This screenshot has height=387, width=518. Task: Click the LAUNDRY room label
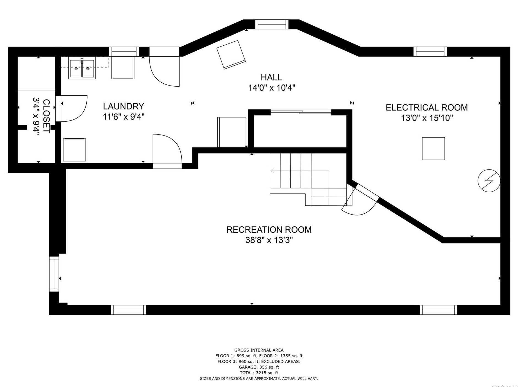coord(123,106)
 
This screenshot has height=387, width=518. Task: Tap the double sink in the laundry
coord(82,69)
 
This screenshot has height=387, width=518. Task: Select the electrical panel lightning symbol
coord(489,180)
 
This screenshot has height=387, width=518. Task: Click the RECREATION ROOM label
coord(269,229)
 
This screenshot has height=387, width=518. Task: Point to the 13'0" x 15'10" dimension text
coord(427,118)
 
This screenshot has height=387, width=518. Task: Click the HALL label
coord(271,77)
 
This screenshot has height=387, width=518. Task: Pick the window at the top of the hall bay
coord(272,24)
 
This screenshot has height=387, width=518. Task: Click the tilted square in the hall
coord(231,54)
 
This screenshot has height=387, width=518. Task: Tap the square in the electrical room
coord(433,149)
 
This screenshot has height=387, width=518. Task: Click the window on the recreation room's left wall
coord(54,274)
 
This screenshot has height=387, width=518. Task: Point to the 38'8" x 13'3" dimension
coord(269,240)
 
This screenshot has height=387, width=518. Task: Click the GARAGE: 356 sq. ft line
coord(259,367)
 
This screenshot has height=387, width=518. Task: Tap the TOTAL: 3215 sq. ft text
coord(259,373)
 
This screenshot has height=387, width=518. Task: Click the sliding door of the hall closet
coord(301,112)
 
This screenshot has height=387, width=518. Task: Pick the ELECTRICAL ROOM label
coord(427,107)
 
